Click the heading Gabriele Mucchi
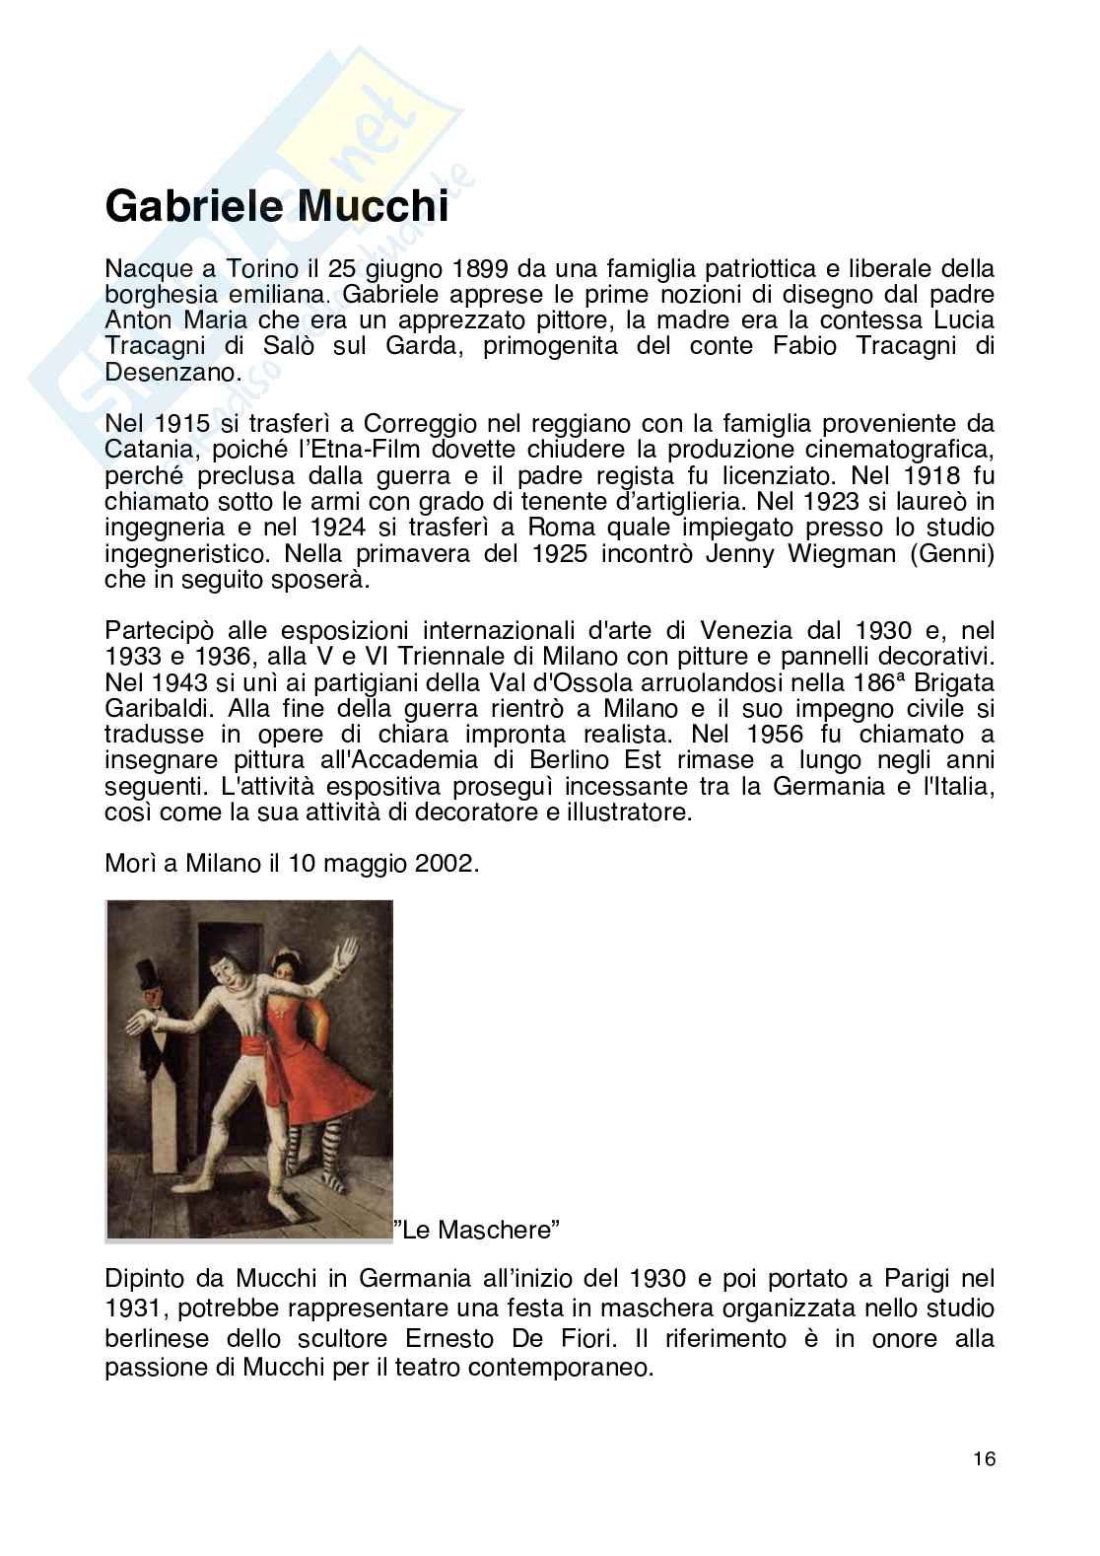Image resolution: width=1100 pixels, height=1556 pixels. pos(276,207)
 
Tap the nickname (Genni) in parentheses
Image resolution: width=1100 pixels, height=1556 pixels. pos(950,553)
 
